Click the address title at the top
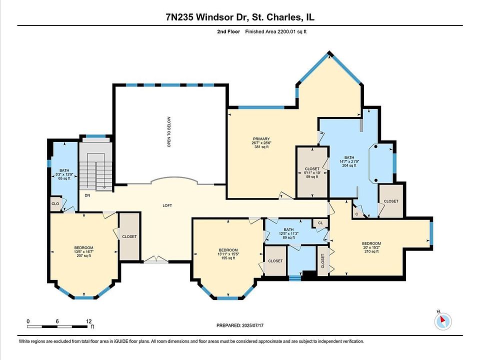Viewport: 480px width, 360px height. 240,17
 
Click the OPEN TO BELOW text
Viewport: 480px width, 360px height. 169,131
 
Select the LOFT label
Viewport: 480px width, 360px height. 167,205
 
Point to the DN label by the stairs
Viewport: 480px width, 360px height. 87,195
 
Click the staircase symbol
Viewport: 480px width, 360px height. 96,170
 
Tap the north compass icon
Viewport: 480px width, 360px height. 442,321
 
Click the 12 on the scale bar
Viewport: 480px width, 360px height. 89,321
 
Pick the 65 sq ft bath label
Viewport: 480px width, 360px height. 64,174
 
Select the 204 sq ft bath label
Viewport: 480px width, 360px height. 349,161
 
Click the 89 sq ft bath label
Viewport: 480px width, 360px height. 288,233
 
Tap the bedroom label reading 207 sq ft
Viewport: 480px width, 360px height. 83,251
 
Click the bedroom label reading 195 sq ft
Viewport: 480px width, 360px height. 228,254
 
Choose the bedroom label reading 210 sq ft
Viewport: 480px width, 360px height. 371,247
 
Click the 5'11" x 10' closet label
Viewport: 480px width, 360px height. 312,172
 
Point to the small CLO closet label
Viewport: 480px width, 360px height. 55,204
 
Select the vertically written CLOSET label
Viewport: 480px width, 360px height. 322,261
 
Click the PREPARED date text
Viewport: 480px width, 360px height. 240,325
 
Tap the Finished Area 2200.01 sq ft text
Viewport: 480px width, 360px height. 276,31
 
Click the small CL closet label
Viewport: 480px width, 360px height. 320,223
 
